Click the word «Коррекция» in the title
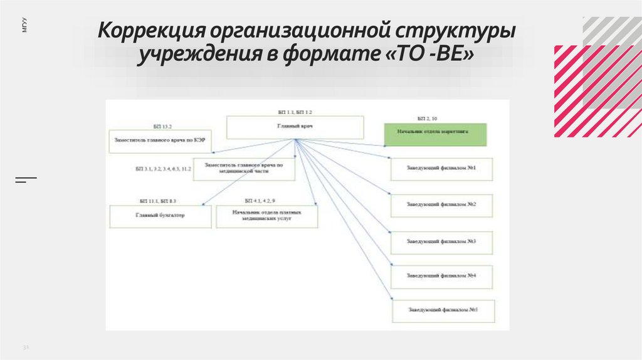click(151, 32)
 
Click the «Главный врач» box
click(295, 127)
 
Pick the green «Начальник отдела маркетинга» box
click(436, 134)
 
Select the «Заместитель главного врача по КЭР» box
click(160, 141)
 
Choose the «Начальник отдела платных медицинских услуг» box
click(267, 216)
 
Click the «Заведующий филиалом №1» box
click(441, 169)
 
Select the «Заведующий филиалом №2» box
click(441, 205)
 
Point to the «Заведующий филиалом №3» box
click(441, 241)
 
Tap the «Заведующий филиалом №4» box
click(441, 276)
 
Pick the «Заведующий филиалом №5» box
click(443, 310)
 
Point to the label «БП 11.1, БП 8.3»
click(158, 201)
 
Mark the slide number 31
click(26, 346)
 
